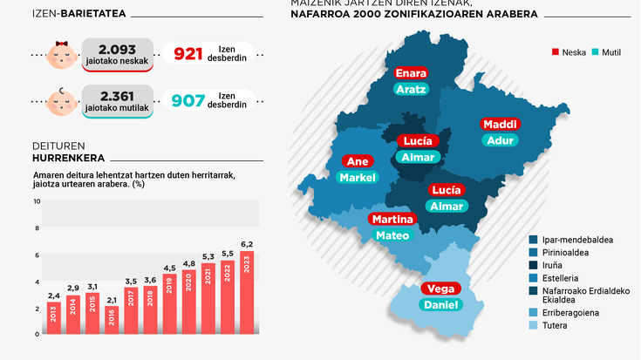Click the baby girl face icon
coord(61,55)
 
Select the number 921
coord(188,55)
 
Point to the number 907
coord(188,101)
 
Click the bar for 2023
coord(247,292)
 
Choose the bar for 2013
coord(53,317)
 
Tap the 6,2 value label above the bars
coord(247,244)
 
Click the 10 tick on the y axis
coord(37,201)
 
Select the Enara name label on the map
coord(410,73)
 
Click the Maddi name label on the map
coord(500,124)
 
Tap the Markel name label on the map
coord(358,178)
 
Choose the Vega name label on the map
coord(440,289)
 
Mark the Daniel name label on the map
coord(440,305)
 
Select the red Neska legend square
coord(556,51)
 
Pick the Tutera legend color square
coord(532,326)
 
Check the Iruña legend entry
coord(552,265)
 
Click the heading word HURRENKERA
coord(68,158)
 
